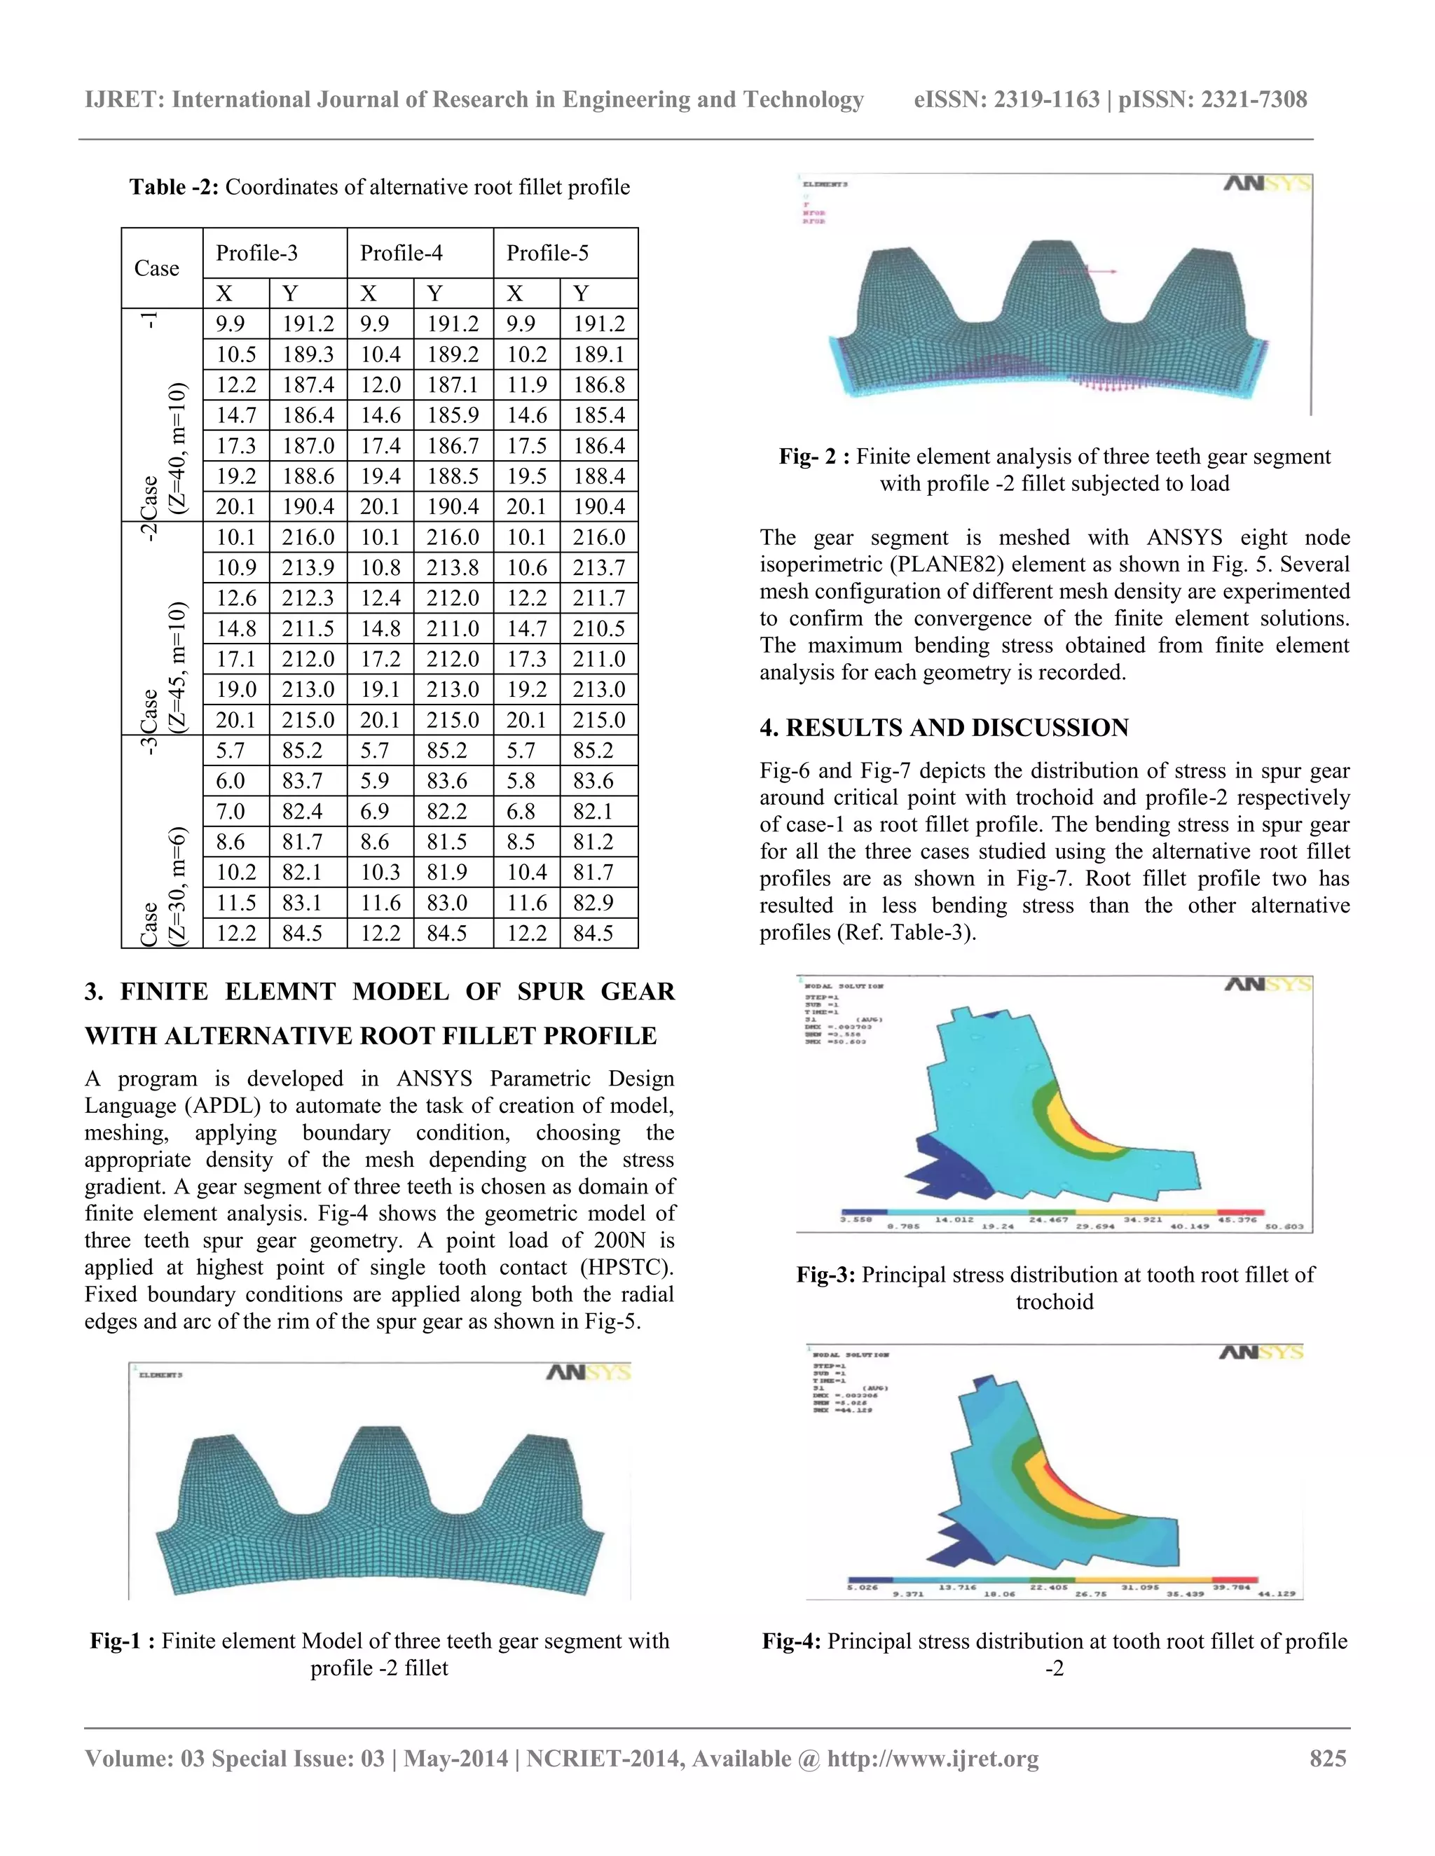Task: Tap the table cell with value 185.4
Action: pyautogui.click(x=598, y=415)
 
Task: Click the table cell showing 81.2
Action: pyautogui.click(x=598, y=842)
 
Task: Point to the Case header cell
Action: pyautogui.click(x=157, y=268)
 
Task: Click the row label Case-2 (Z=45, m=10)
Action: pyautogui.click(x=162, y=629)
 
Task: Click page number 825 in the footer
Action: pyautogui.click(x=1328, y=1758)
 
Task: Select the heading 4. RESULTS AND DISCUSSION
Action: pyautogui.click(x=944, y=728)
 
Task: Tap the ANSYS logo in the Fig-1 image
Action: pyautogui.click(x=587, y=1373)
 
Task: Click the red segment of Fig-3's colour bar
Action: pyautogui.click(x=1240, y=1212)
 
